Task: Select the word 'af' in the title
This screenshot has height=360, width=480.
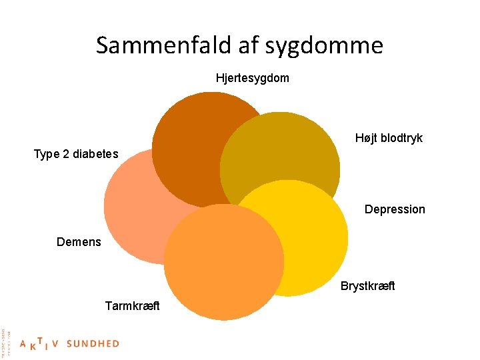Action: point(250,45)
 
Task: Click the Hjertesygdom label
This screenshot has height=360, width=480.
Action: point(253,78)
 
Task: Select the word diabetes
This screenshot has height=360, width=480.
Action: point(95,155)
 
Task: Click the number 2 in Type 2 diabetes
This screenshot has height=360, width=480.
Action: point(65,155)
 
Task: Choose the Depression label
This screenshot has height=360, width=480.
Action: point(395,209)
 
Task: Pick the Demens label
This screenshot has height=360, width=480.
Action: point(79,241)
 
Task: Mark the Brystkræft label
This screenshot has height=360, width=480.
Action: point(368,286)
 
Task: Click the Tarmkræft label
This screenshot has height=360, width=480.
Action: point(132,306)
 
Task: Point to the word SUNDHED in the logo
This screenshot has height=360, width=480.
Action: point(93,344)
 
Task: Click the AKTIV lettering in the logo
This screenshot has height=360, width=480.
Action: point(40,344)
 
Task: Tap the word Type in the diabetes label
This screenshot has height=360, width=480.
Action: point(46,155)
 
